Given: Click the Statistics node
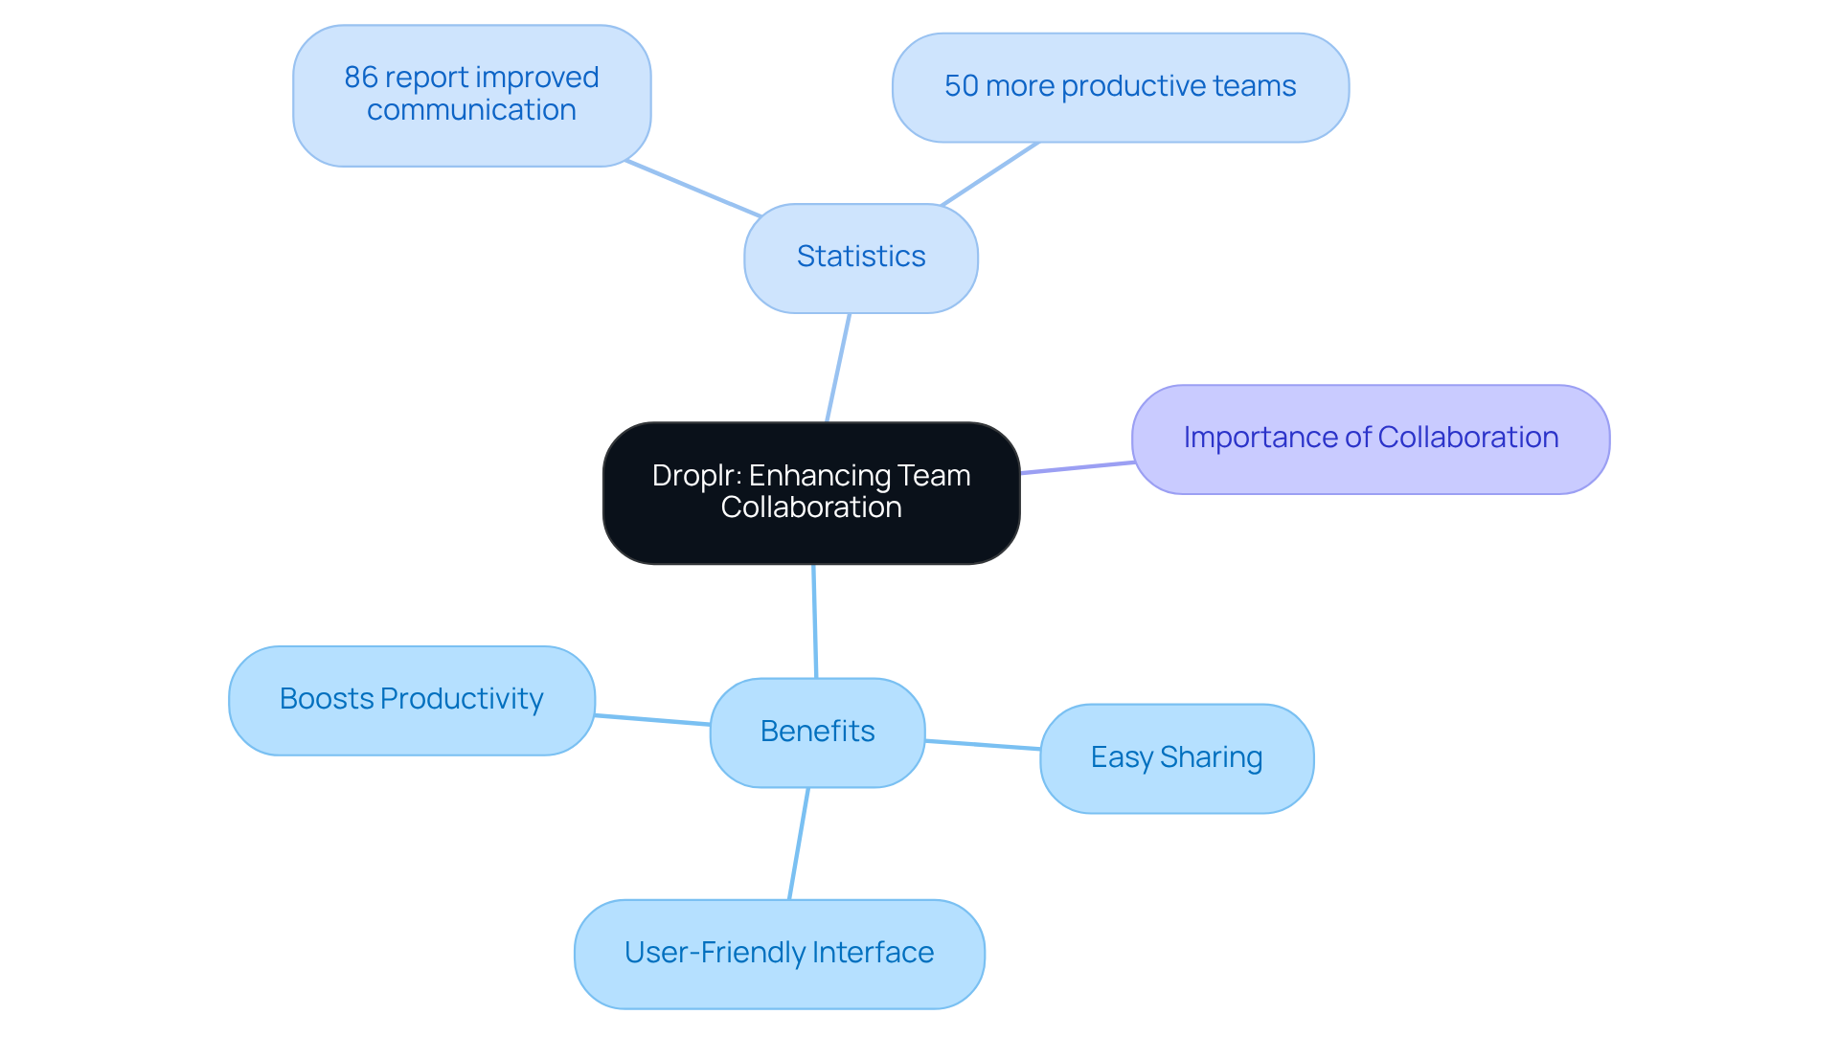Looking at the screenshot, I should (x=860, y=258).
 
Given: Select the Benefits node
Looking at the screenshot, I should (x=817, y=733).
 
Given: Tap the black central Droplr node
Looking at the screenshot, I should (x=810, y=492).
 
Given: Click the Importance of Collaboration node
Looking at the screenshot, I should (x=1370, y=439).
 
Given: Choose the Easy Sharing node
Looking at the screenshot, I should (x=1176, y=758).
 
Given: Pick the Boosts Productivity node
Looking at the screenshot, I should (x=411, y=700).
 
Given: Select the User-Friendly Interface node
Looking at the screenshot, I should (x=779, y=953).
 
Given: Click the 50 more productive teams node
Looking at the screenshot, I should (x=1120, y=87).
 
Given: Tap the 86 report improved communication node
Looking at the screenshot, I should (x=471, y=95).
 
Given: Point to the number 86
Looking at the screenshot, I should (x=361, y=78).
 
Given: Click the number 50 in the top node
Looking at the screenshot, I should (x=961, y=86).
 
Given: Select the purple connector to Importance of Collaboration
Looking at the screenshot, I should (x=1077, y=467).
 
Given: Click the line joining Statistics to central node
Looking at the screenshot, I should (x=838, y=368).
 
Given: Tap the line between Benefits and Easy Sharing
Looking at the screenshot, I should (x=983, y=745).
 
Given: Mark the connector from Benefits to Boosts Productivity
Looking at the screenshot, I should (x=652, y=720).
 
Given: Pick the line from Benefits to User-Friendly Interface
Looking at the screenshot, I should (x=799, y=844).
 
